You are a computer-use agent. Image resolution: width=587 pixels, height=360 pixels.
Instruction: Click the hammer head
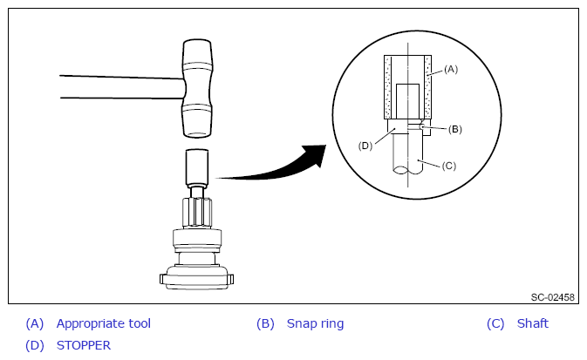point(197,88)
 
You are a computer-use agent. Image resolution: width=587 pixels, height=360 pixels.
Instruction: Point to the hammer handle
point(121,87)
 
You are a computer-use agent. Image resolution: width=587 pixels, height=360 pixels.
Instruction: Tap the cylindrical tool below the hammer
point(197,168)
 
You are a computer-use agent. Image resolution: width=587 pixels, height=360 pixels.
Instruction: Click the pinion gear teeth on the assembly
point(197,212)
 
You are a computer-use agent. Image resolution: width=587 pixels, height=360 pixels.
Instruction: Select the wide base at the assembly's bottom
point(196,278)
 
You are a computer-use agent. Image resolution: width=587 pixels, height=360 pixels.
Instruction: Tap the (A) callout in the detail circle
point(451,69)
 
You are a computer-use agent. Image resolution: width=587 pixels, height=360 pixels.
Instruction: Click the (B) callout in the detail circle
point(454,129)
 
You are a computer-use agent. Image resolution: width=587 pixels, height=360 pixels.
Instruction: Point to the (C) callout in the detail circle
point(449,166)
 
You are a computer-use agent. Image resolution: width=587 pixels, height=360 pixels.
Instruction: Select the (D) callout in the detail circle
point(365,146)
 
